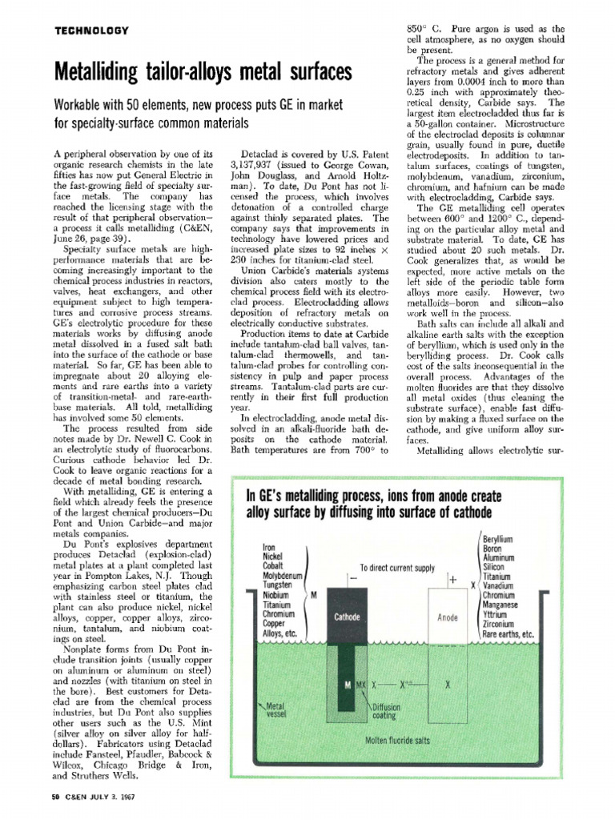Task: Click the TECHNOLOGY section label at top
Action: (x=90, y=30)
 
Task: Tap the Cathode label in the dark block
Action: (x=348, y=617)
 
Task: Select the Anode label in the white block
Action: (x=447, y=617)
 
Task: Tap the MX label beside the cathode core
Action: (x=360, y=686)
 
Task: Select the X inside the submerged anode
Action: (x=448, y=686)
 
